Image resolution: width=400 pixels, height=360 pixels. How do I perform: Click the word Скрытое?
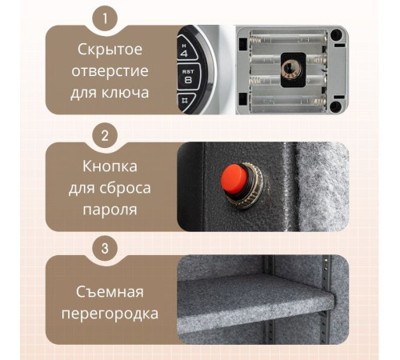coord(111,50)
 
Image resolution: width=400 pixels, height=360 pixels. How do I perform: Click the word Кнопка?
coord(111,167)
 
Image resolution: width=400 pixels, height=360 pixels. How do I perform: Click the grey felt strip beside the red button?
coord(320,184)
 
